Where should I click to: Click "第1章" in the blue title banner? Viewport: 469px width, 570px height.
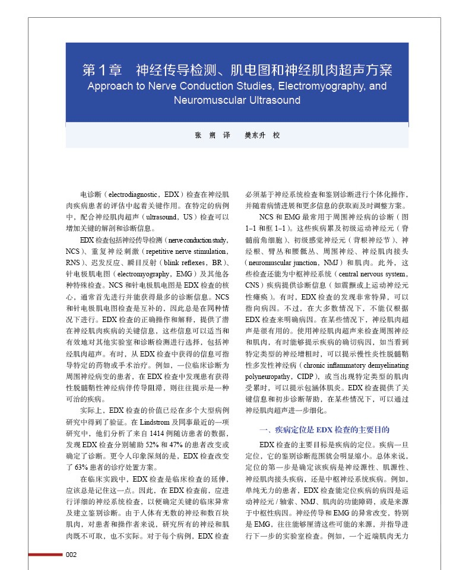(102, 70)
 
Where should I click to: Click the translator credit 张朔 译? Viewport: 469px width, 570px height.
(212, 135)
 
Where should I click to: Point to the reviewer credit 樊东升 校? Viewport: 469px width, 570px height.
(262, 135)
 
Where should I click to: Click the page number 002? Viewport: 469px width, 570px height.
(71, 555)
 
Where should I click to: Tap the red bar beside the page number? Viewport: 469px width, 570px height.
(45, 555)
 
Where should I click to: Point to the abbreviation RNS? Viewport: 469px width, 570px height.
(73, 262)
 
